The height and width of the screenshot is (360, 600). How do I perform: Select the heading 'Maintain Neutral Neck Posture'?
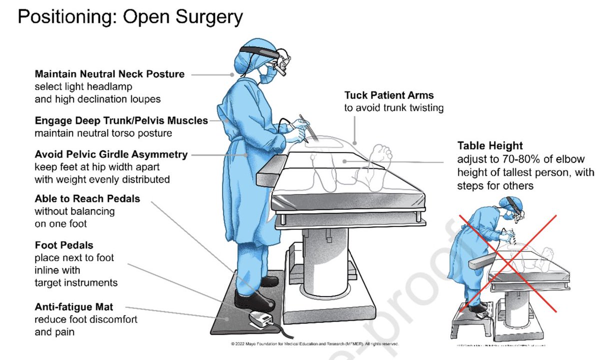tap(109, 74)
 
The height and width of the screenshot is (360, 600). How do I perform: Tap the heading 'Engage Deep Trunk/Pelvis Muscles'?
tap(121, 120)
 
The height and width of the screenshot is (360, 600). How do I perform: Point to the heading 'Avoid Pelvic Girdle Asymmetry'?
tap(111, 154)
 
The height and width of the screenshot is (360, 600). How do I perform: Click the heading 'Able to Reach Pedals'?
tap(87, 198)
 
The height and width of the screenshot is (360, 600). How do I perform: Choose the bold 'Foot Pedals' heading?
tap(64, 245)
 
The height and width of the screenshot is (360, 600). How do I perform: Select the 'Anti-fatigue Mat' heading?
tap(73, 307)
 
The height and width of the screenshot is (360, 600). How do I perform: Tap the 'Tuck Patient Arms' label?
tap(388, 95)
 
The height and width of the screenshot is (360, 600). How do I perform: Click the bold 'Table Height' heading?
tap(489, 146)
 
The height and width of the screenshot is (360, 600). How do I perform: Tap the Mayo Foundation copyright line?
tap(314, 344)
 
